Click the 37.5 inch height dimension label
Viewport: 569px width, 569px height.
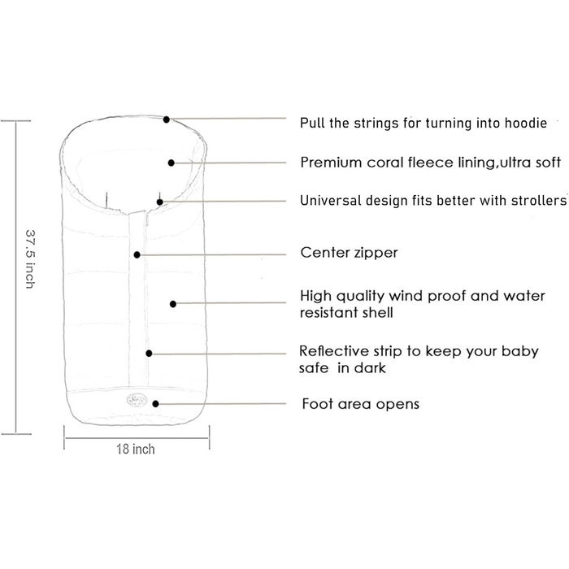(30, 258)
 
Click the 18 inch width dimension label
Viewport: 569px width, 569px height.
(136, 449)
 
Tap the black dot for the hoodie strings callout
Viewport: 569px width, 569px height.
(167, 119)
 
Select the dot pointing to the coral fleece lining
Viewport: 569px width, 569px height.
(172, 163)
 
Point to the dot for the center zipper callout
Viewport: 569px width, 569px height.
(137, 254)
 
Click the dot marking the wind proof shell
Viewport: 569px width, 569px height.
(173, 304)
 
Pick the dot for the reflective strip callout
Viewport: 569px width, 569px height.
(150, 353)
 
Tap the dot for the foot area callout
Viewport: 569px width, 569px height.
(156, 403)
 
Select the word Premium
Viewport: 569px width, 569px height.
(332, 163)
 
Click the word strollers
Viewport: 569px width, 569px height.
(536, 200)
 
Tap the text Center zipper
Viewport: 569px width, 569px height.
(349, 253)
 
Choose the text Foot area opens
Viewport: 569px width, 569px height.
(360, 403)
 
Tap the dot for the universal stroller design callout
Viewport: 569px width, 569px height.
(161, 202)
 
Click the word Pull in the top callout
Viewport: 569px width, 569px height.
(312, 123)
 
